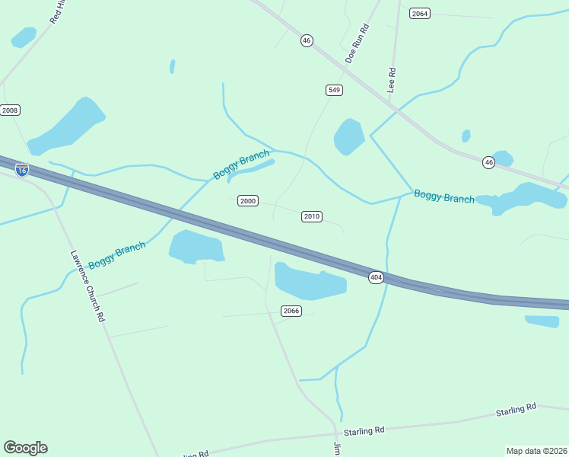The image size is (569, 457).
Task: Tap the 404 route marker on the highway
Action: point(376,277)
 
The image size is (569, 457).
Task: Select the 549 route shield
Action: point(334,90)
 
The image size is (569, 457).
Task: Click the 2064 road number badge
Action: point(419,14)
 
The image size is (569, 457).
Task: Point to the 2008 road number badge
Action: point(10,110)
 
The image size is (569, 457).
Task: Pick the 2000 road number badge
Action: point(248,201)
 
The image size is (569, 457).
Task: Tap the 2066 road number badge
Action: point(291,311)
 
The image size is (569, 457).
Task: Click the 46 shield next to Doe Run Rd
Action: point(306,40)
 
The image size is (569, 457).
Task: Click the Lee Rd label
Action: point(393,81)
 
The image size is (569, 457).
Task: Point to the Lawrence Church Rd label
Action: point(87,286)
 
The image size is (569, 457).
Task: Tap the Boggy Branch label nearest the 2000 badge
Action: point(240,165)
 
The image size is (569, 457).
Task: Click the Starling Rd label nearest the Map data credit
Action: point(516,410)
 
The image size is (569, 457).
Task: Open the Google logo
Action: point(25,448)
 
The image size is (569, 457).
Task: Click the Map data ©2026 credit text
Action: point(536,451)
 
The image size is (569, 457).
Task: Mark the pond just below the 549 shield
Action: point(349,136)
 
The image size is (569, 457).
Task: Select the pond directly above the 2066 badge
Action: point(309,281)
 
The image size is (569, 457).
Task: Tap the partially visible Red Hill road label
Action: point(59,12)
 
